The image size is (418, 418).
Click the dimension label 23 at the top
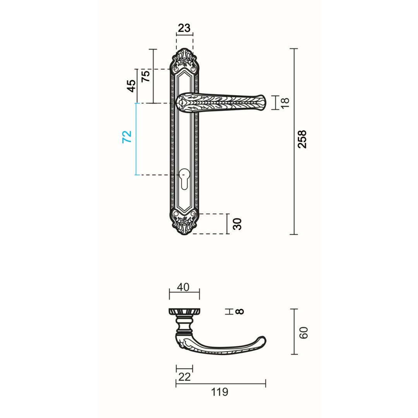click(184, 28)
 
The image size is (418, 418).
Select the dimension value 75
click(146, 76)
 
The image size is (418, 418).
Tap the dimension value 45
click(132, 86)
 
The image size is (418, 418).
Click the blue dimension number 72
click(127, 137)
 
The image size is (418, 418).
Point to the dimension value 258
click(302, 139)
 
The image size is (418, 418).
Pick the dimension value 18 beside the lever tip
click(285, 103)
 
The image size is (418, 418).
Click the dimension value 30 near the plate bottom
click(238, 224)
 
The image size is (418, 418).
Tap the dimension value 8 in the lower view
click(240, 311)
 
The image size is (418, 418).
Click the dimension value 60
click(304, 332)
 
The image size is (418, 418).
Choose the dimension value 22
click(185, 377)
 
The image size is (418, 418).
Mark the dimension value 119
click(220, 392)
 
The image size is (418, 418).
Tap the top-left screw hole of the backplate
click(176, 69)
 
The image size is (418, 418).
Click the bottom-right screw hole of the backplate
click(193, 214)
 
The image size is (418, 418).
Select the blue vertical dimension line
click(136, 139)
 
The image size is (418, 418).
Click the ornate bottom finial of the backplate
click(185, 224)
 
